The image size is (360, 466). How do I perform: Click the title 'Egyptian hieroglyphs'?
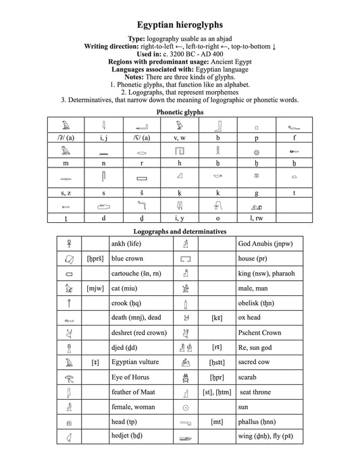180,23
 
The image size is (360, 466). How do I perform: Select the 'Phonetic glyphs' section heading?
180,111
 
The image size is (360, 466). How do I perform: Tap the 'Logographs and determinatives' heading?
180,231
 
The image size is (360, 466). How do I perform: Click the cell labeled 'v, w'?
179,138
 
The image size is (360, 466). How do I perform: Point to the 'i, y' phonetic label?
179,217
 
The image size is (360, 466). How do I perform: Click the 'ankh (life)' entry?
126,244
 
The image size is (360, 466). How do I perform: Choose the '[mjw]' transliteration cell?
95,288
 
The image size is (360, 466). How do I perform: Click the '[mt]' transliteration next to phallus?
217,421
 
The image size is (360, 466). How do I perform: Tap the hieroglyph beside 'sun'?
186,407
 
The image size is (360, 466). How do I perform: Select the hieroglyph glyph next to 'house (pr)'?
186,259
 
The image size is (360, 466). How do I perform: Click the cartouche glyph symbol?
68,274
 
